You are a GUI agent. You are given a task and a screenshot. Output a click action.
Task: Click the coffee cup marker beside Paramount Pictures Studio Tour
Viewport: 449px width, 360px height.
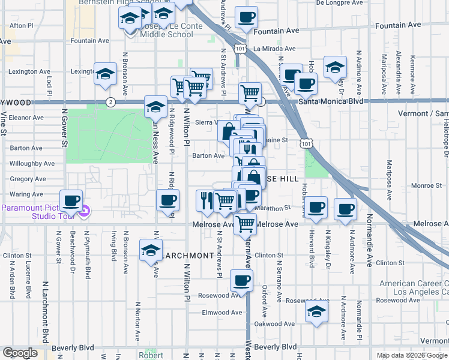(71, 201)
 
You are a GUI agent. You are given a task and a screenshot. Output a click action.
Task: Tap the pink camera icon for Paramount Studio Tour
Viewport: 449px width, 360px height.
(85, 211)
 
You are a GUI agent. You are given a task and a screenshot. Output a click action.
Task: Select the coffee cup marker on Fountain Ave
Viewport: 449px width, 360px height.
(245, 18)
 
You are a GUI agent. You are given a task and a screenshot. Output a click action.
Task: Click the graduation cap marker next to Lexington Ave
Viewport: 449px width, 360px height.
(106, 74)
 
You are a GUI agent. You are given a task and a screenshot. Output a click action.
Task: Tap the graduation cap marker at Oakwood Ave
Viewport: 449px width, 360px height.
(316, 311)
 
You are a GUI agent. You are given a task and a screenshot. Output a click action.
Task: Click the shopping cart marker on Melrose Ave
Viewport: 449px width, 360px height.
(244, 224)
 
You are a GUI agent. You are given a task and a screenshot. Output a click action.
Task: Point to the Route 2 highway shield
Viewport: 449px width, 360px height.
(110, 102)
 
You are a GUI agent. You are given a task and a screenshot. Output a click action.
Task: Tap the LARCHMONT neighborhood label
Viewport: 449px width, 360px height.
(187, 256)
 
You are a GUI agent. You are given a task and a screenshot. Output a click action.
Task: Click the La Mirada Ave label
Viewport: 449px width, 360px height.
(274, 49)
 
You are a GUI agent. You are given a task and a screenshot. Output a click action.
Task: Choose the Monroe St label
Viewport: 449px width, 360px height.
(427, 186)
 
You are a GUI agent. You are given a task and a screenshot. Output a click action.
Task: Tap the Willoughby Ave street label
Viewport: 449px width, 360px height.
(32, 163)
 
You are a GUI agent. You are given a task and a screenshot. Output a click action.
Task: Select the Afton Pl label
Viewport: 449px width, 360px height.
(21, 26)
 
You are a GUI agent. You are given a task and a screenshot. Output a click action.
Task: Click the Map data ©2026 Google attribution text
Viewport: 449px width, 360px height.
(412, 355)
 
